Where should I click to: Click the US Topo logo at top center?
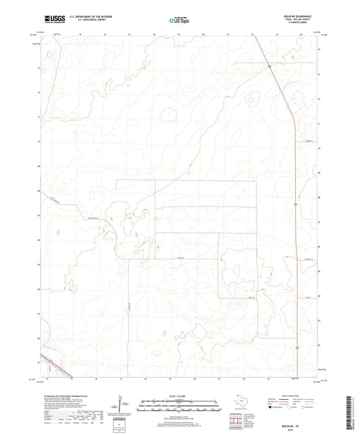179,21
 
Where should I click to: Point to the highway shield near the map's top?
269,67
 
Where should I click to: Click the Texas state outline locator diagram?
243,403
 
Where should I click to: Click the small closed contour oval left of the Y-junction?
165,114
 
